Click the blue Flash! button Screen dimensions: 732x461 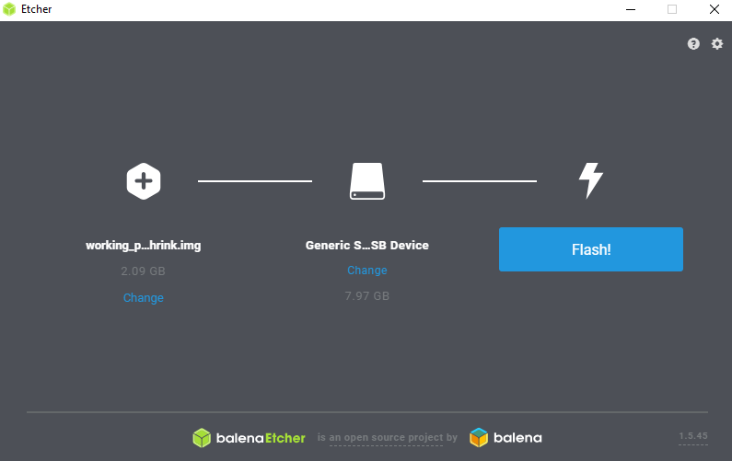[x=590, y=249]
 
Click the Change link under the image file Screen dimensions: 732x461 [x=143, y=298]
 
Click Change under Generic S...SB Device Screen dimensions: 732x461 [x=366, y=271]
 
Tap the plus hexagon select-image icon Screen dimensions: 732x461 [x=144, y=180]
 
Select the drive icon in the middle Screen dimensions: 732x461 [x=366, y=181]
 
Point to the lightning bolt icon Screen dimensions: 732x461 [x=590, y=180]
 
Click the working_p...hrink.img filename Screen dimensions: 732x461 [x=143, y=246]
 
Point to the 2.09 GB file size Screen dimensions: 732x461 [x=143, y=271]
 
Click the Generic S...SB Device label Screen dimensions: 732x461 [x=366, y=246]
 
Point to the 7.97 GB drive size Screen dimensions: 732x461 [x=366, y=296]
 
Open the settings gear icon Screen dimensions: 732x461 [x=717, y=44]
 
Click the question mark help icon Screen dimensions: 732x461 [x=693, y=44]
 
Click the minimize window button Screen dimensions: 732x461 [x=631, y=10]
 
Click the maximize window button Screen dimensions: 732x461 [x=671, y=10]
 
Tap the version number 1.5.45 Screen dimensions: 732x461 [x=693, y=436]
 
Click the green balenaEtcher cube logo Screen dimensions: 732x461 [x=202, y=438]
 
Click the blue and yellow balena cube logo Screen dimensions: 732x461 [x=479, y=438]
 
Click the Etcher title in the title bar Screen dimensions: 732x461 [x=36, y=10]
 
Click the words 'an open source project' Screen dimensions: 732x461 [x=387, y=438]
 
